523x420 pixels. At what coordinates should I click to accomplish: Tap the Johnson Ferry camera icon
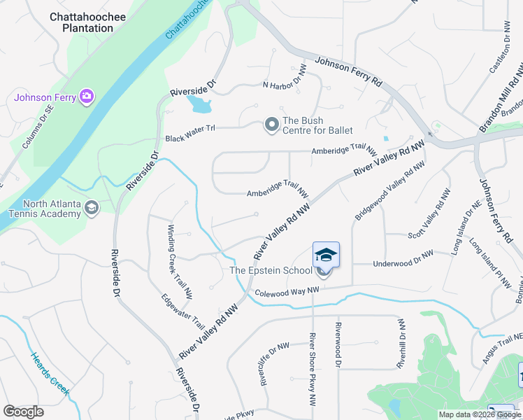click(x=87, y=96)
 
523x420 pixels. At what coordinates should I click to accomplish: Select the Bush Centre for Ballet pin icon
click(x=271, y=125)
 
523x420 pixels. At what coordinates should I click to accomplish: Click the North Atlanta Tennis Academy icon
click(x=92, y=208)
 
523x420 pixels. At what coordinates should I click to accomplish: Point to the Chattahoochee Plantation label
click(x=82, y=22)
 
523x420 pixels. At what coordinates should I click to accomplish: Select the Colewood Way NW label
click(x=287, y=292)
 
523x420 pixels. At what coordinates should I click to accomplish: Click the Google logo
click(x=23, y=412)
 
